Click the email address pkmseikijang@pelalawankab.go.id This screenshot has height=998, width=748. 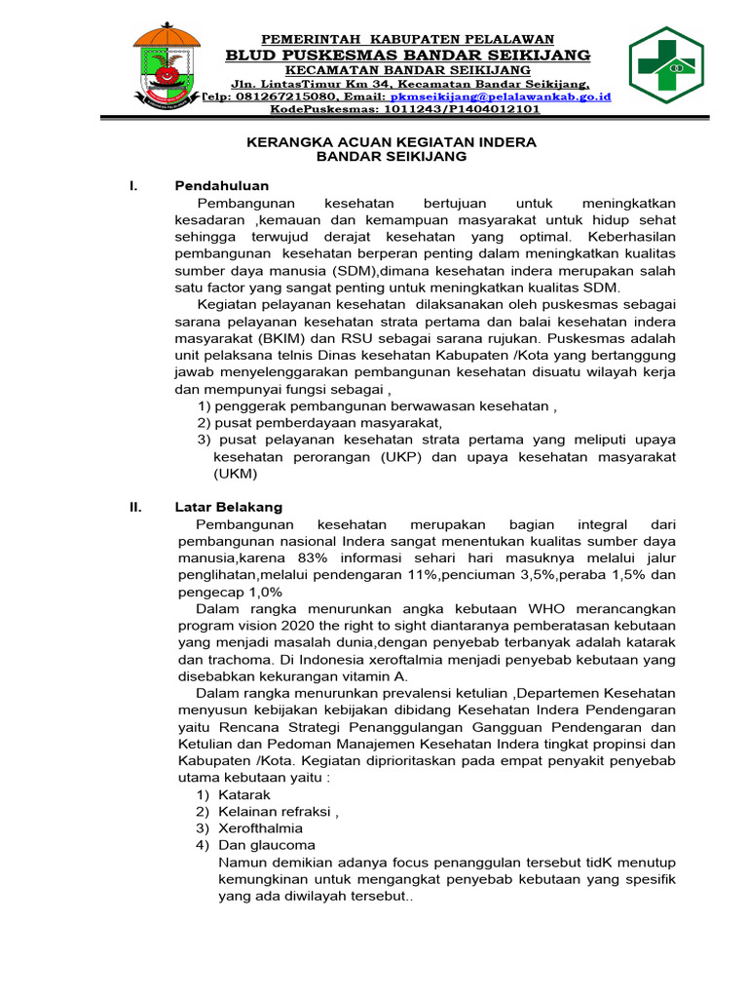(501, 97)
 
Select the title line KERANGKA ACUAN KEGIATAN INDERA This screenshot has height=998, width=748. (390, 142)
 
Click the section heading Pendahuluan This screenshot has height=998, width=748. (222, 185)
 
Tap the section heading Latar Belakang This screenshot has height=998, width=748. (228, 507)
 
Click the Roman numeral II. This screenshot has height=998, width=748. (136, 507)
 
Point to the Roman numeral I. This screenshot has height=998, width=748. (132, 185)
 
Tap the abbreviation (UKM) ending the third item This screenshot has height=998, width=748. (236, 474)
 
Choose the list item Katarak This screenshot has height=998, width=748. (244, 795)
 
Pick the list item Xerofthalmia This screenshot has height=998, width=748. (260, 828)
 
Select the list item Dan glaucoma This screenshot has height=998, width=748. (267, 845)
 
